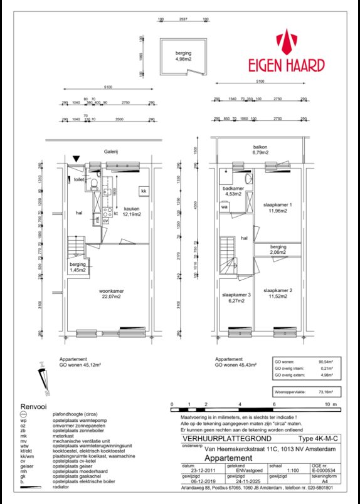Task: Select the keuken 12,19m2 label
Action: click(x=131, y=212)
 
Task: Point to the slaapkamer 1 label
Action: click(x=277, y=208)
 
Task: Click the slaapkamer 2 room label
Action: click(x=278, y=293)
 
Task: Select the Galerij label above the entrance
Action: click(x=113, y=151)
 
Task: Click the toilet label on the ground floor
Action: click(x=78, y=179)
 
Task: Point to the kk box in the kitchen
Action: click(x=143, y=191)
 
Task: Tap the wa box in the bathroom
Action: click(x=223, y=206)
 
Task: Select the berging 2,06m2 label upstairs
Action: click(x=278, y=249)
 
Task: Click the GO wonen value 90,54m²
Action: click(x=326, y=362)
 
